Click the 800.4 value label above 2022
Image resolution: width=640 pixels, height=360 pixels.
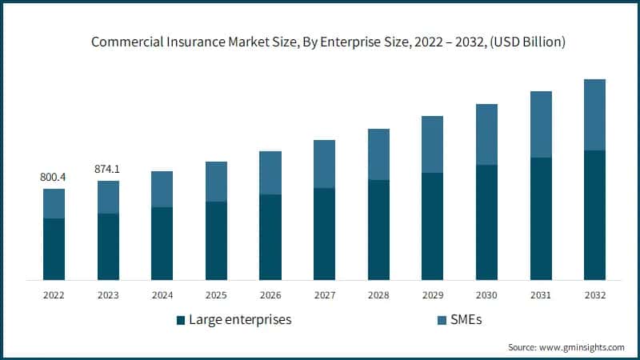tap(54, 177)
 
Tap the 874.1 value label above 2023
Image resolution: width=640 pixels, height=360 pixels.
tap(108, 169)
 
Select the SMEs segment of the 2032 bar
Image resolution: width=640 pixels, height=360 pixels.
tap(594, 114)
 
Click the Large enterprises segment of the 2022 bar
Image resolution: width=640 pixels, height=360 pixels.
tap(54, 249)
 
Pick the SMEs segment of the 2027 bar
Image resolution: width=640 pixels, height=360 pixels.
tap(324, 164)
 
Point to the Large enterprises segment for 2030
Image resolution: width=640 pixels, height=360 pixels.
tap(486, 222)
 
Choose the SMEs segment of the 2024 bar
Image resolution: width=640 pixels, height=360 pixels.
tap(162, 189)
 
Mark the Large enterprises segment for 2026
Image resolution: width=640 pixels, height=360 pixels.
tap(270, 237)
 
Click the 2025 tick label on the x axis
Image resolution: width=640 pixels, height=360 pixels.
tap(216, 295)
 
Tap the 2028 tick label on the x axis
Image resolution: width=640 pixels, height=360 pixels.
tap(378, 295)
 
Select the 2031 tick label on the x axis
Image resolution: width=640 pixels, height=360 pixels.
tap(541, 295)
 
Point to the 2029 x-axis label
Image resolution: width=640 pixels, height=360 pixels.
tap(432, 295)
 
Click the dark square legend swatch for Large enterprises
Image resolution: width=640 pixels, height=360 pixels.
tap(180, 321)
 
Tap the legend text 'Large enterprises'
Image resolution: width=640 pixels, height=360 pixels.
tap(240, 320)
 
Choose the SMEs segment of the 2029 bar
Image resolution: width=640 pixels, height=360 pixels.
tap(432, 144)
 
